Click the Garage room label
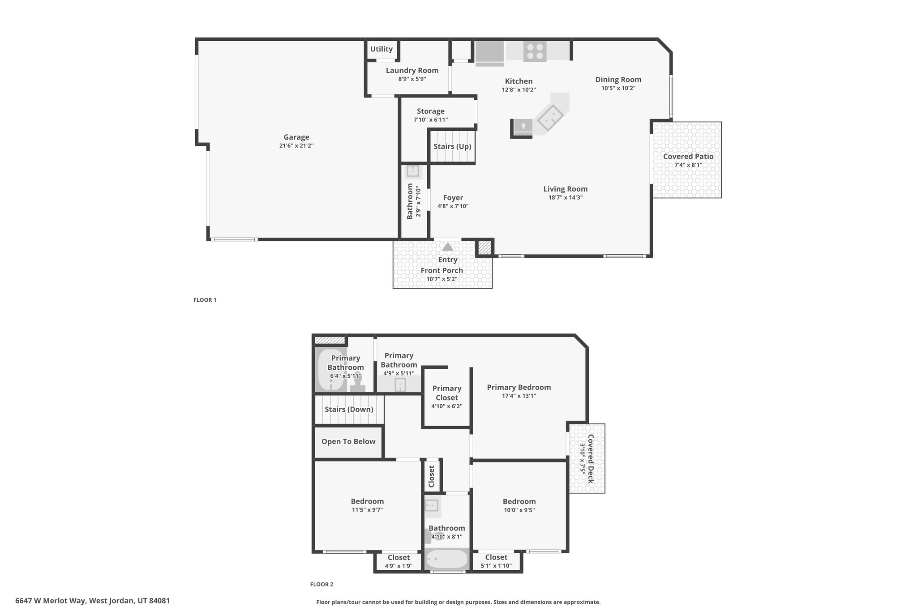296,137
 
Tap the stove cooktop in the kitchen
535,51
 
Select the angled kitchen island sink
550,118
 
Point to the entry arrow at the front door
448,247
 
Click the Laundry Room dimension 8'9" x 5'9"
412,79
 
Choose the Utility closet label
381,49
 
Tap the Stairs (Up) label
452,146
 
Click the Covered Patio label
688,157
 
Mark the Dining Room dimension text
618,88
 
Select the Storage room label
431,111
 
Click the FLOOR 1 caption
205,300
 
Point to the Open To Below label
348,442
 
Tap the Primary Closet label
446,393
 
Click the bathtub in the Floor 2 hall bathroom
446,559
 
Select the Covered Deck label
591,459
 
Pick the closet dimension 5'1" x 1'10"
496,566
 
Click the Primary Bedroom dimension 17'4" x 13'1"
519,396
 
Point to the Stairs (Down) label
349,410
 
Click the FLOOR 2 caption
321,584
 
